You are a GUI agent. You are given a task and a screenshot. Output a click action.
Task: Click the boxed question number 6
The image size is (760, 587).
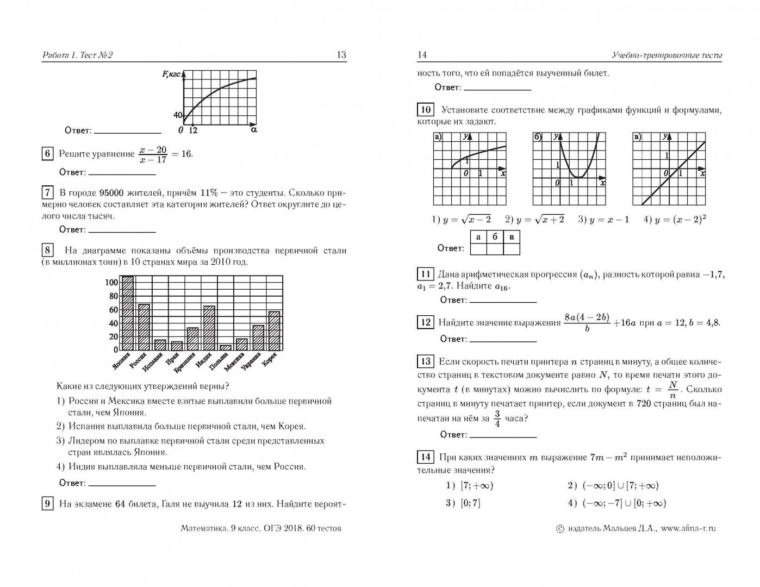tap(47, 154)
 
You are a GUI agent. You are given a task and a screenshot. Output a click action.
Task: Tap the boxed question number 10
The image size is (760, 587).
tap(425, 110)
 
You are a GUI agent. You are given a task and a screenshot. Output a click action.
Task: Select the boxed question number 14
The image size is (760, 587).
tap(425, 457)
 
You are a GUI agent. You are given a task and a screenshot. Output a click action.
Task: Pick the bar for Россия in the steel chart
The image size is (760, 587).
tap(144, 327)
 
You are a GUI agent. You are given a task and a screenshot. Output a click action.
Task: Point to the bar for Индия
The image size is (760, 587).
tap(209, 328)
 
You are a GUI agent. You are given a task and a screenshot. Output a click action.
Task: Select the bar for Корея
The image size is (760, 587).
tap(275, 331)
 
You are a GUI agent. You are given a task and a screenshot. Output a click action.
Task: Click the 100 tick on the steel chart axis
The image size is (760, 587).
tap(111, 283)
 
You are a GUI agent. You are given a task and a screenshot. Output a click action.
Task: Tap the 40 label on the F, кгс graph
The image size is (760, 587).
tap(177, 115)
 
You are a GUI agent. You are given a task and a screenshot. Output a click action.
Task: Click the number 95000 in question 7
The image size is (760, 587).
tap(115, 193)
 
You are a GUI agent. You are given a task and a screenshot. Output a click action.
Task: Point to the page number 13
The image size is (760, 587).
tap(341, 55)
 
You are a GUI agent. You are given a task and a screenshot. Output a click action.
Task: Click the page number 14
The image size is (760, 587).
tap(422, 55)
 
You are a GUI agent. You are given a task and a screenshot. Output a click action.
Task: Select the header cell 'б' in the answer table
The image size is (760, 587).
tap(495, 237)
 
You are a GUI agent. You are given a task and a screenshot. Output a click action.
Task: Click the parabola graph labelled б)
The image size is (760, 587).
tap(568, 168)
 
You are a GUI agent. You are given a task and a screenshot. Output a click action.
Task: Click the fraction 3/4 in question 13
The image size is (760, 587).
tap(497, 419)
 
